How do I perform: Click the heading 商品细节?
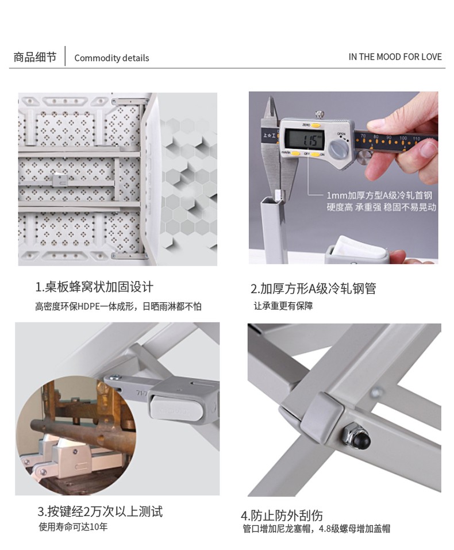tap(34, 57)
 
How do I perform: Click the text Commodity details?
tap(111, 58)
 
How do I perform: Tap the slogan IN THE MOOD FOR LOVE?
tap(395, 57)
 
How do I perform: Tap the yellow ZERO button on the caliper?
tap(316, 125)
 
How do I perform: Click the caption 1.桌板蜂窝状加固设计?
tap(94, 287)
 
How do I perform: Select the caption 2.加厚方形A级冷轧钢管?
tap(313, 289)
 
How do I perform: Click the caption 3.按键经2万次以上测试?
tap(100, 511)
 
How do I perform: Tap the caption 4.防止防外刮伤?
tap(282, 516)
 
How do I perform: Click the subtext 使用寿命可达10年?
tap(73, 527)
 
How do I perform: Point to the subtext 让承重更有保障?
tap(283, 306)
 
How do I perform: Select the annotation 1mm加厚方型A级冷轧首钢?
tap(379, 195)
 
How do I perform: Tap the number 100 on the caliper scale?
tap(403, 138)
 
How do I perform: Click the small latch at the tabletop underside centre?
tap(60, 180)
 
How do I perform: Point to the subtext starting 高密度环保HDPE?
tap(118, 306)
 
